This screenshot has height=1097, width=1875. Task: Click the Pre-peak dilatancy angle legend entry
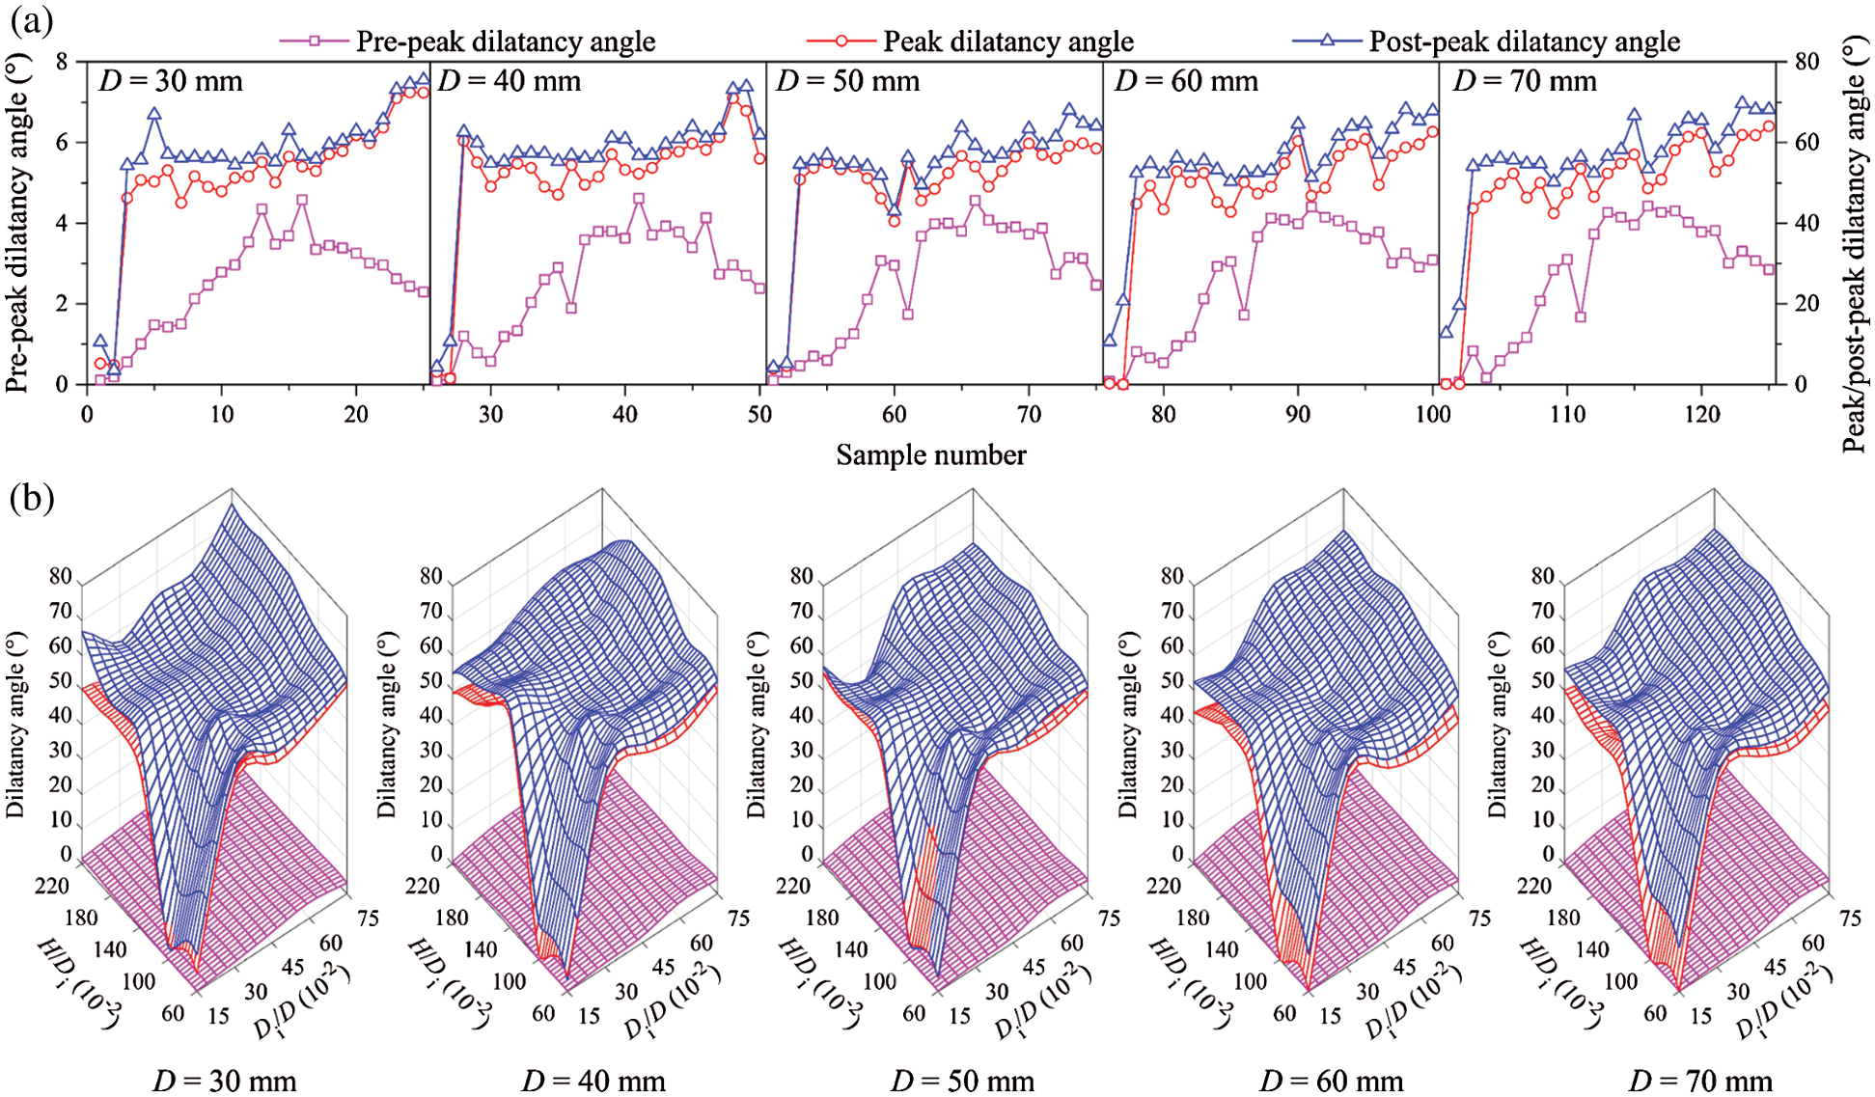pyautogui.click(x=505, y=41)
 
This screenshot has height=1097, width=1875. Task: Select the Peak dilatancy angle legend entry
pyautogui.click(x=1007, y=41)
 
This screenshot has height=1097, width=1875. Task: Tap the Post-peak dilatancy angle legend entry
pyautogui.click(x=1524, y=41)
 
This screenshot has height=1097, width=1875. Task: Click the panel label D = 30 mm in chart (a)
pyautogui.click(x=171, y=81)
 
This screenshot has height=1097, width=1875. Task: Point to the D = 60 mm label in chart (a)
pyautogui.click(x=1186, y=81)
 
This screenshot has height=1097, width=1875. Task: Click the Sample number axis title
pyautogui.click(x=930, y=455)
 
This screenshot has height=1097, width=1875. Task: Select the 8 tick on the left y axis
pyautogui.click(x=63, y=62)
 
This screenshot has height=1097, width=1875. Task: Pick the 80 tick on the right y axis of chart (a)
pyautogui.click(x=1806, y=62)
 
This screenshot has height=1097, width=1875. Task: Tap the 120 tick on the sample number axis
pyautogui.click(x=1701, y=415)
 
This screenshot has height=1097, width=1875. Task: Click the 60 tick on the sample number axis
pyautogui.click(x=894, y=415)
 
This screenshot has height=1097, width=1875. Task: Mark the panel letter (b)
pyautogui.click(x=31, y=498)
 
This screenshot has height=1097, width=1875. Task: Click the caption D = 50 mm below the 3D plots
pyautogui.click(x=963, y=1081)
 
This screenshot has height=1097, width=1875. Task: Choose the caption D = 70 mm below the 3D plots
pyautogui.click(x=1700, y=1081)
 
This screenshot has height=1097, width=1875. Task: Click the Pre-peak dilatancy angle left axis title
pyautogui.click(x=17, y=224)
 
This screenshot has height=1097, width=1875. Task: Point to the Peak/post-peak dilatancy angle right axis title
pyautogui.click(x=1855, y=246)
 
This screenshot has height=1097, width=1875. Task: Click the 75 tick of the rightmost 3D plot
pyautogui.click(x=1849, y=918)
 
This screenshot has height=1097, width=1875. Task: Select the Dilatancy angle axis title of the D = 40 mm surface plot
pyautogui.click(x=387, y=725)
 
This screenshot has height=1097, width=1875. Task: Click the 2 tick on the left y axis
pyautogui.click(x=63, y=304)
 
